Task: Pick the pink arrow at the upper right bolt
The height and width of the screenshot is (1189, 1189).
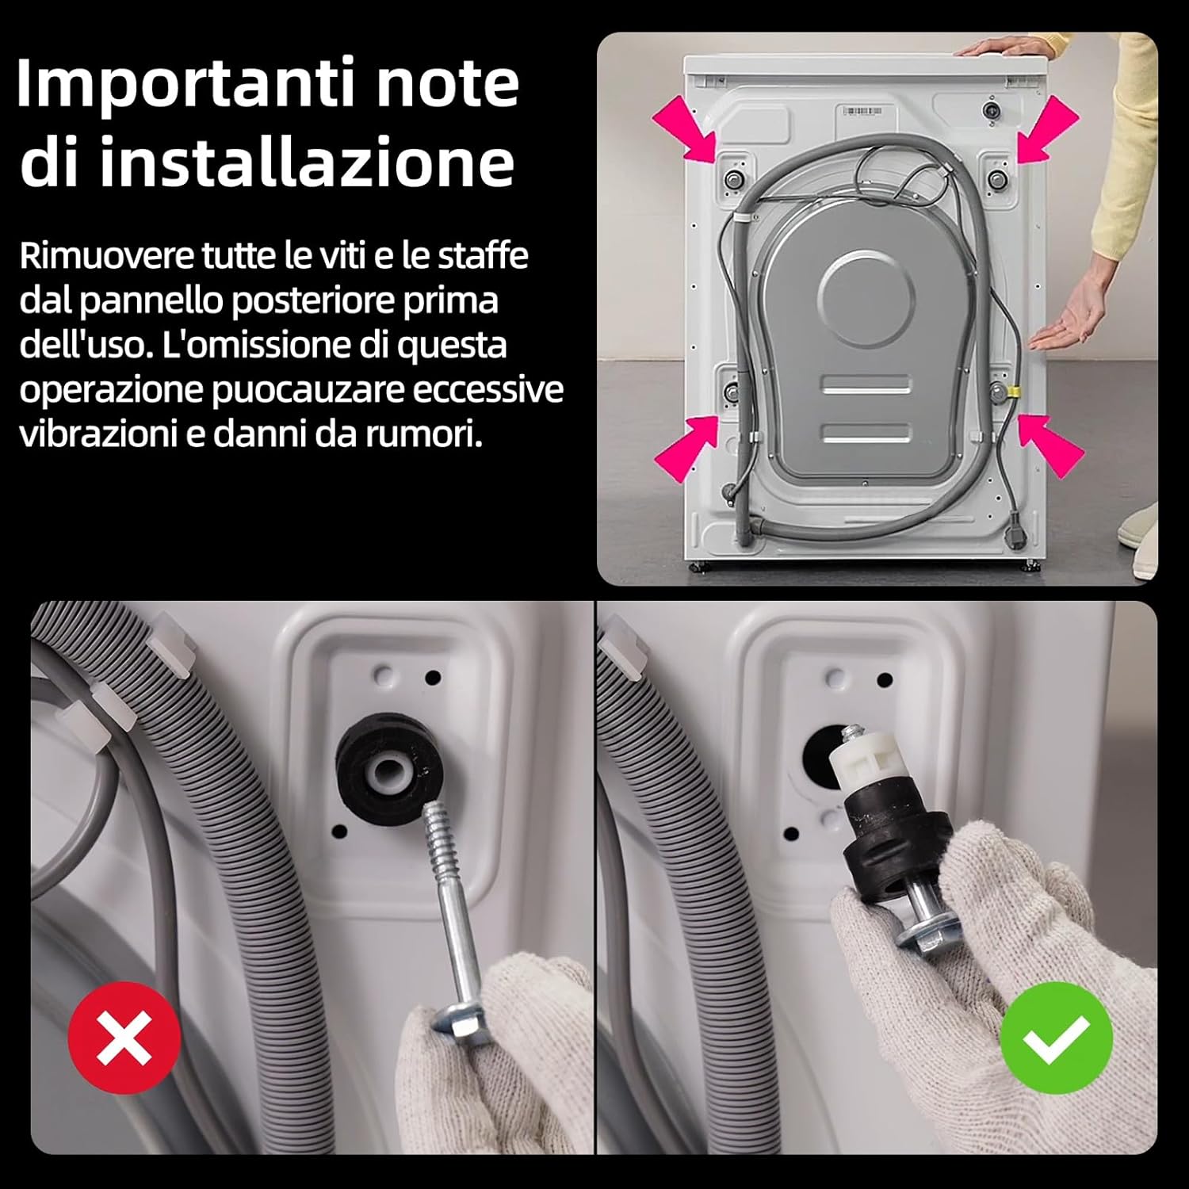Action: (x=1048, y=129)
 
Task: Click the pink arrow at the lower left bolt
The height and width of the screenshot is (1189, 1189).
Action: (x=684, y=447)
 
